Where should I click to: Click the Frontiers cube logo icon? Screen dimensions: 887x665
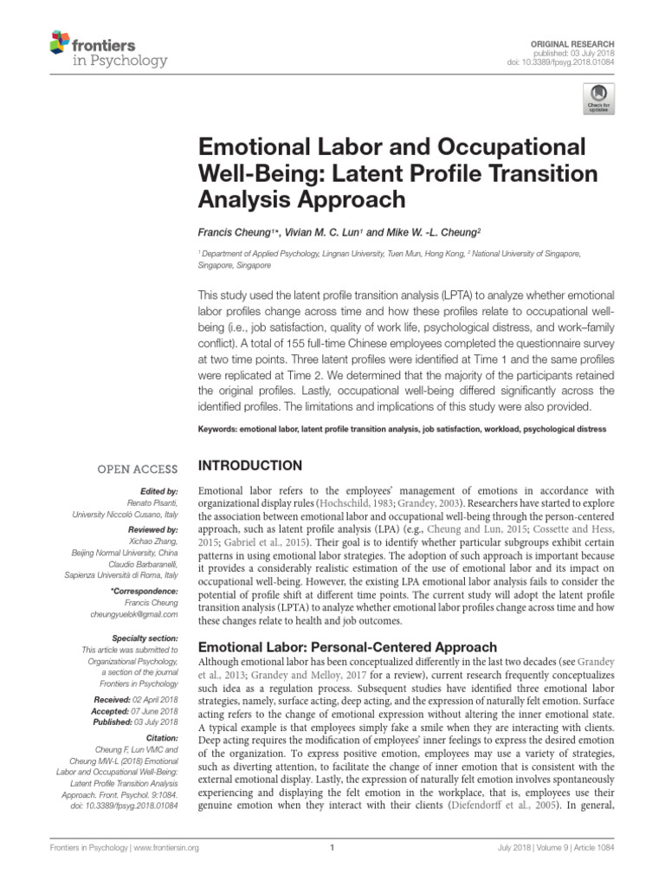[60, 42]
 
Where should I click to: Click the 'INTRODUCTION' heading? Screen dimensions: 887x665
[251, 465]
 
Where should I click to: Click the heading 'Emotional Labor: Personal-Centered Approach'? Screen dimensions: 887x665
[348, 647]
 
